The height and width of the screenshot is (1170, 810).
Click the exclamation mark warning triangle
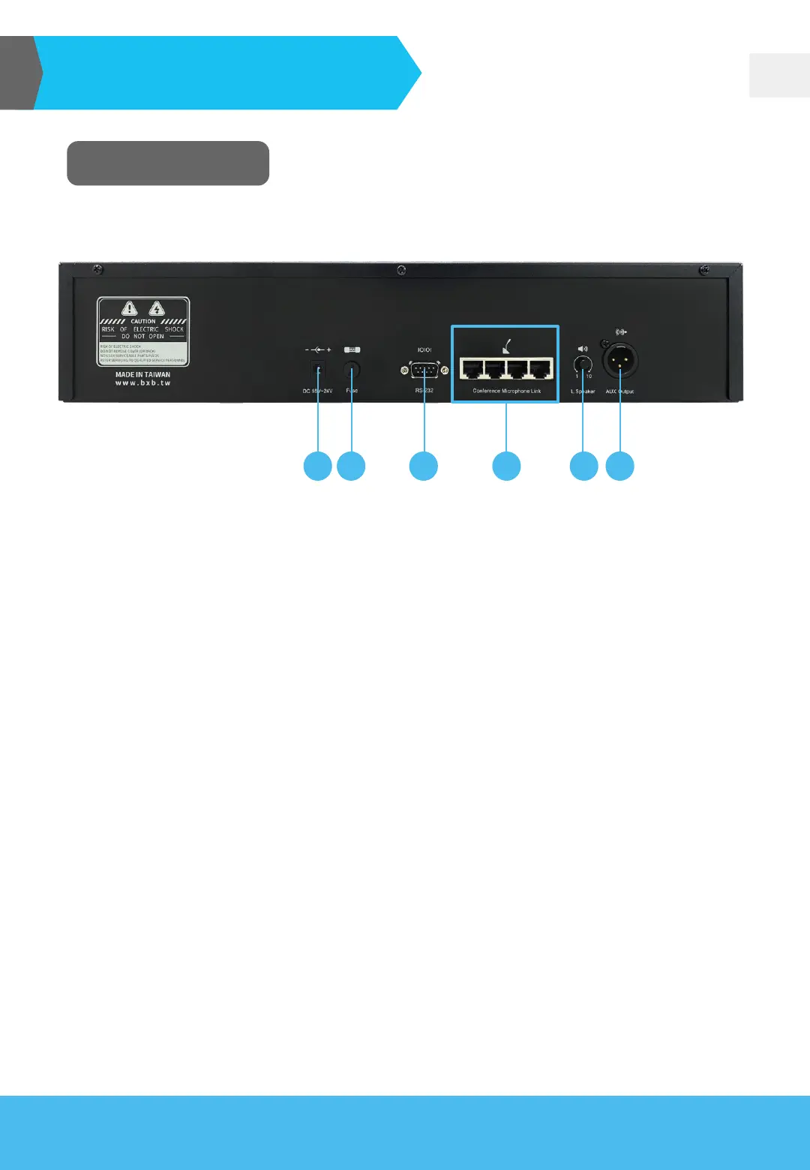pos(130,308)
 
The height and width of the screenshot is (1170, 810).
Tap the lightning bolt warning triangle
pos(157,308)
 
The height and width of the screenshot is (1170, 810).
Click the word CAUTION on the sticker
pos(143,321)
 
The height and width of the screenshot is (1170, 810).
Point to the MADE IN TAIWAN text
pos(142,374)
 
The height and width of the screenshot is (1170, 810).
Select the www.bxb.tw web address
pos(142,383)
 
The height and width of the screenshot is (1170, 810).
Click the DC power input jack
pos(318,370)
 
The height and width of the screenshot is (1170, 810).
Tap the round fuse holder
pos(351,370)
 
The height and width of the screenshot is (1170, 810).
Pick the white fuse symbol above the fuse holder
pos(352,349)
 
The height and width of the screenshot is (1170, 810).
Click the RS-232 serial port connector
pos(424,370)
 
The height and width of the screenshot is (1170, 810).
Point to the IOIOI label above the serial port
pos(424,350)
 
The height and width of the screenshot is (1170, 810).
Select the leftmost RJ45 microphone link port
pos(472,368)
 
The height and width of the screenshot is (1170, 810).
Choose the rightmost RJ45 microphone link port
pos(540,368)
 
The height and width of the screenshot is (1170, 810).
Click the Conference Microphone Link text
pos(506,391)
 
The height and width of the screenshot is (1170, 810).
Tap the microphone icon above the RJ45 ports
pos(506,347)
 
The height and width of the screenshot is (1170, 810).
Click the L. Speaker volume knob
pos(583,365)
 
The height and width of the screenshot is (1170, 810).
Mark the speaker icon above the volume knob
pos(583,349)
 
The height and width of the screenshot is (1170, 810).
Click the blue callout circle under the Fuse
pos(351,466)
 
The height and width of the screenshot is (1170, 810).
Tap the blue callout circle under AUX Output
pos(620,466)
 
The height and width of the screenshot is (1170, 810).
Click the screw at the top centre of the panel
pos(401,269)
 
